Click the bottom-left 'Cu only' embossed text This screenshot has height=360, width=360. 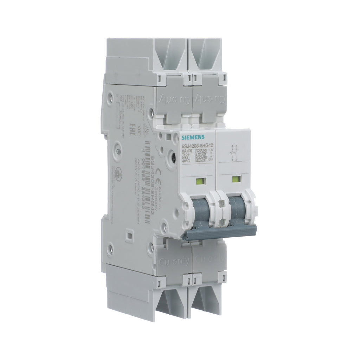click(x=175, y=261)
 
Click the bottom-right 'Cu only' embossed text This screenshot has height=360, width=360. click(x=210, y=260)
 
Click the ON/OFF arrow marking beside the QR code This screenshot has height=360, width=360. click(x=211, y=155)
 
